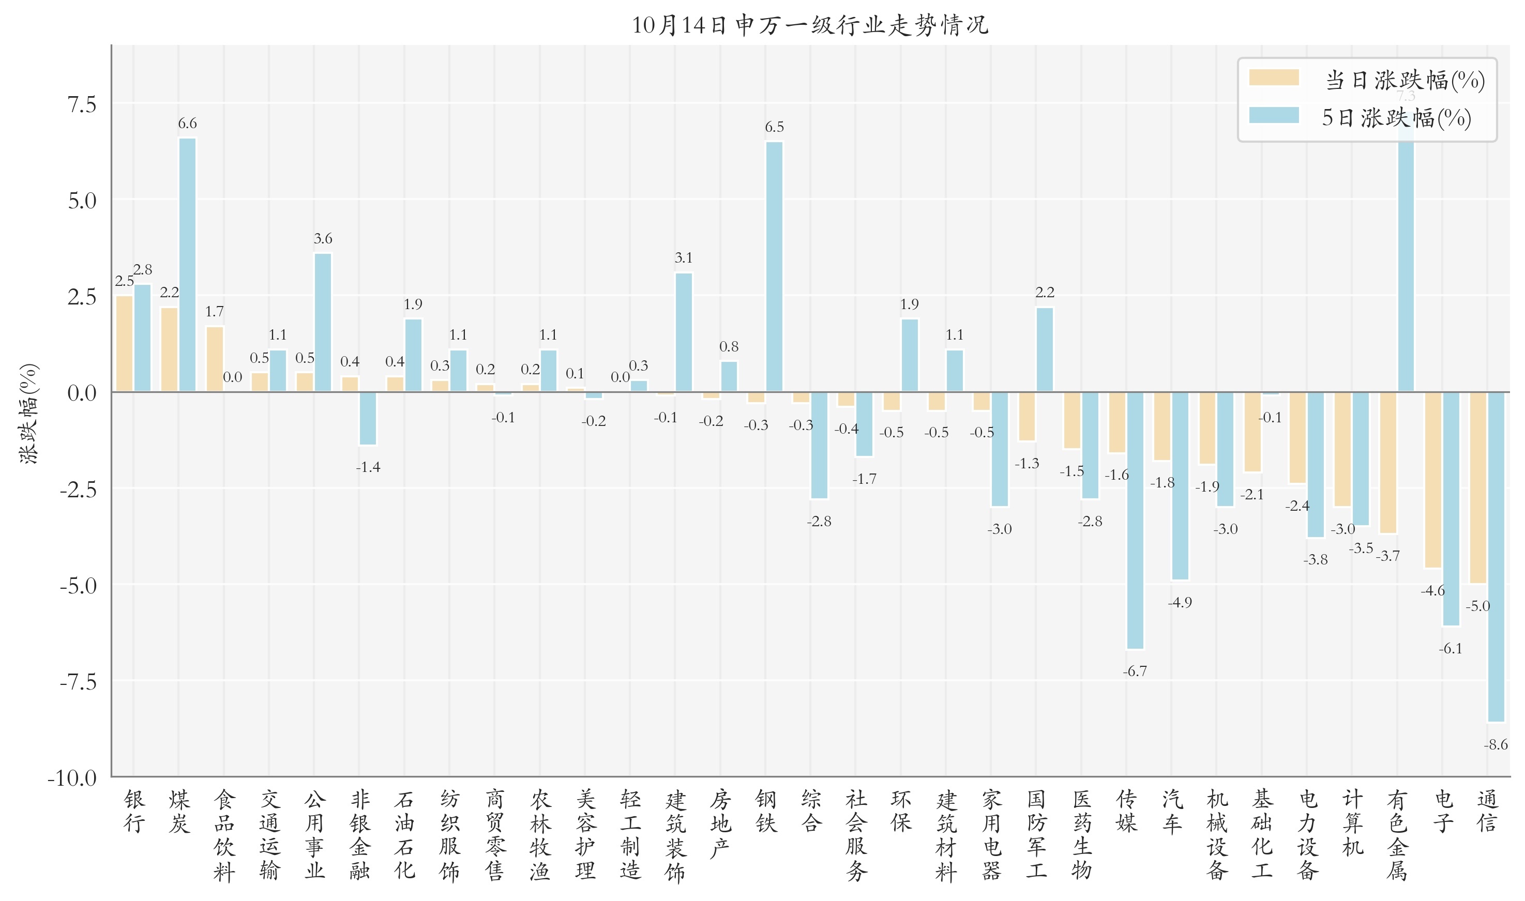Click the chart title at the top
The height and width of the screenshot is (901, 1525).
coord(810,25)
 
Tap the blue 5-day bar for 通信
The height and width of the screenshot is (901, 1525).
coord(1496,557)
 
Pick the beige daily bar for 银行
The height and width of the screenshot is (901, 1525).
coord(125,344)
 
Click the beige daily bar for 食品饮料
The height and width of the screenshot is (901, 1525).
coord(215,359)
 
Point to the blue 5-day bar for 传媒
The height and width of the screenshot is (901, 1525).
coord(1135,521)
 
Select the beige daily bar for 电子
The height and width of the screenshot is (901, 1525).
coord(1432,480)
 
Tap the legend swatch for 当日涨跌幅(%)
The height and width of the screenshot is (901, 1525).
coord(1274,78)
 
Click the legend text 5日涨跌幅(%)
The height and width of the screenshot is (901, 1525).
coord(1396,118)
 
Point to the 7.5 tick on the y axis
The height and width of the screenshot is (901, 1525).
coord(82,104)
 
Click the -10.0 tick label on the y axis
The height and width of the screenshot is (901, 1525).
coord(72,778)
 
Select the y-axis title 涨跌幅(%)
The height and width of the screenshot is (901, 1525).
coord(29,414)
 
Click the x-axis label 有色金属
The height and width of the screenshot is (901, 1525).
coord(1397,835)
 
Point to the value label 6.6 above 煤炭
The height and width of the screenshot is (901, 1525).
coord(187,123)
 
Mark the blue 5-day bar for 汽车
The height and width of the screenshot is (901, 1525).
coord(1180,486)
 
